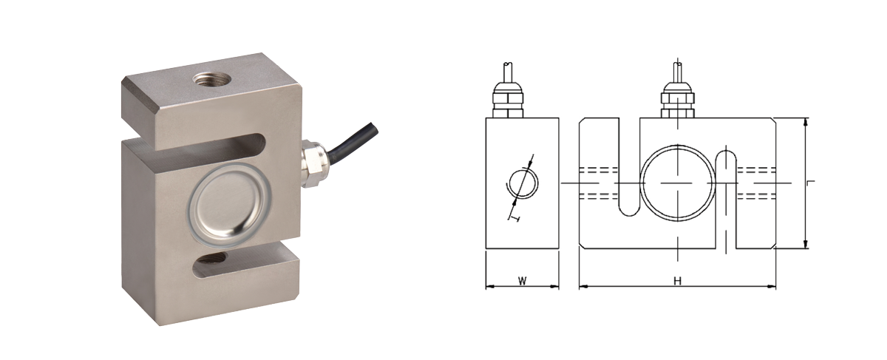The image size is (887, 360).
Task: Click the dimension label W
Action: [522, 281]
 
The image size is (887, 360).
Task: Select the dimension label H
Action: [676, 281]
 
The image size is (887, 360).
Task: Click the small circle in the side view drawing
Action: [522, 183]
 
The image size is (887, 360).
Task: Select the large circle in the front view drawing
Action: [677, 182]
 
